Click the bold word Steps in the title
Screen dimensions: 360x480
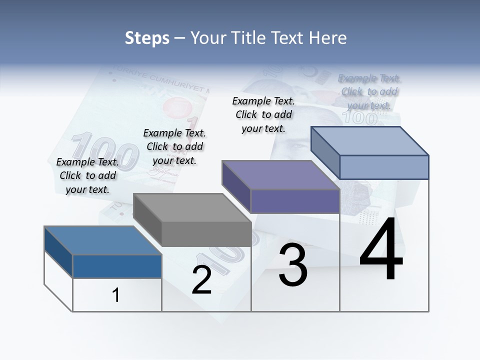(147, 38)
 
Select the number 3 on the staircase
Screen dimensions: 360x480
(293, 265)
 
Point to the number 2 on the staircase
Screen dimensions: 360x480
(202, 280)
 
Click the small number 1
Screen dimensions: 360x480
(116, 295)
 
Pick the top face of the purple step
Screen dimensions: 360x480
(280, 175)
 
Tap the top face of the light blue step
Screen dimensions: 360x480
(369, 140)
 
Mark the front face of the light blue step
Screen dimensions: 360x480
(384, 167)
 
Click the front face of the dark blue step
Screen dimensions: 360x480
(117, 266)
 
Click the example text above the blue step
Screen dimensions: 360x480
(87, 175)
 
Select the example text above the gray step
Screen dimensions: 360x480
(174, 146)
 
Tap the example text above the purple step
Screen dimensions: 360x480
(263, 114)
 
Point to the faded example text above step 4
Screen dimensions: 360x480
(369, 91)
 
